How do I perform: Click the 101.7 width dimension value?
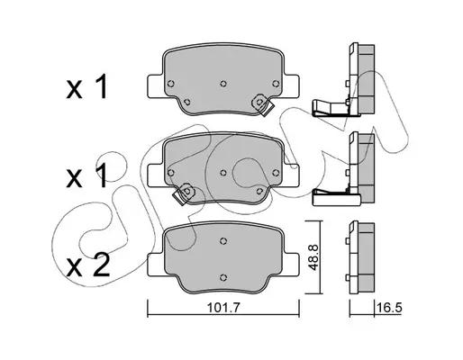pyautogui.click(x=223, y=308)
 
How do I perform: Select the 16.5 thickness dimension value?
pyautogui.click(x=389, y=308)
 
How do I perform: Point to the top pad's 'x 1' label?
pyautogui.click(x=86, y=87)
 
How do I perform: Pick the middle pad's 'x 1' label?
pyautogui.click(x=86, y=177)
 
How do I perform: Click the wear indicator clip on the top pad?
pyautogui.click(x=262, y=105)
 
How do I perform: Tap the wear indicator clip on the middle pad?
pyautogui.click(x=184, y=193)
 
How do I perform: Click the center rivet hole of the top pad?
pyautogui.click(x=223, y=84)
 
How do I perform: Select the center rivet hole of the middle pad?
pyautogui.click(x=223, y=173)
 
